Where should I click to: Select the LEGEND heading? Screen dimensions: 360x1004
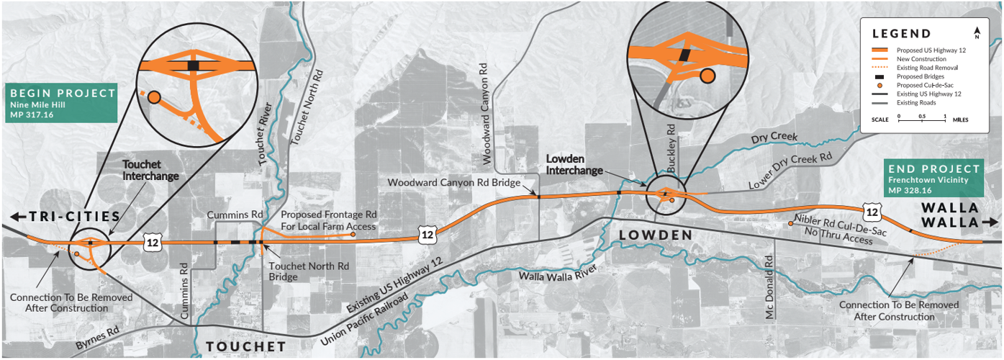901,34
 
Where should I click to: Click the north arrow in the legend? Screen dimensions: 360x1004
977,32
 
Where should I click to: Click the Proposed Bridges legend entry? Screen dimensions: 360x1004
921,76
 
